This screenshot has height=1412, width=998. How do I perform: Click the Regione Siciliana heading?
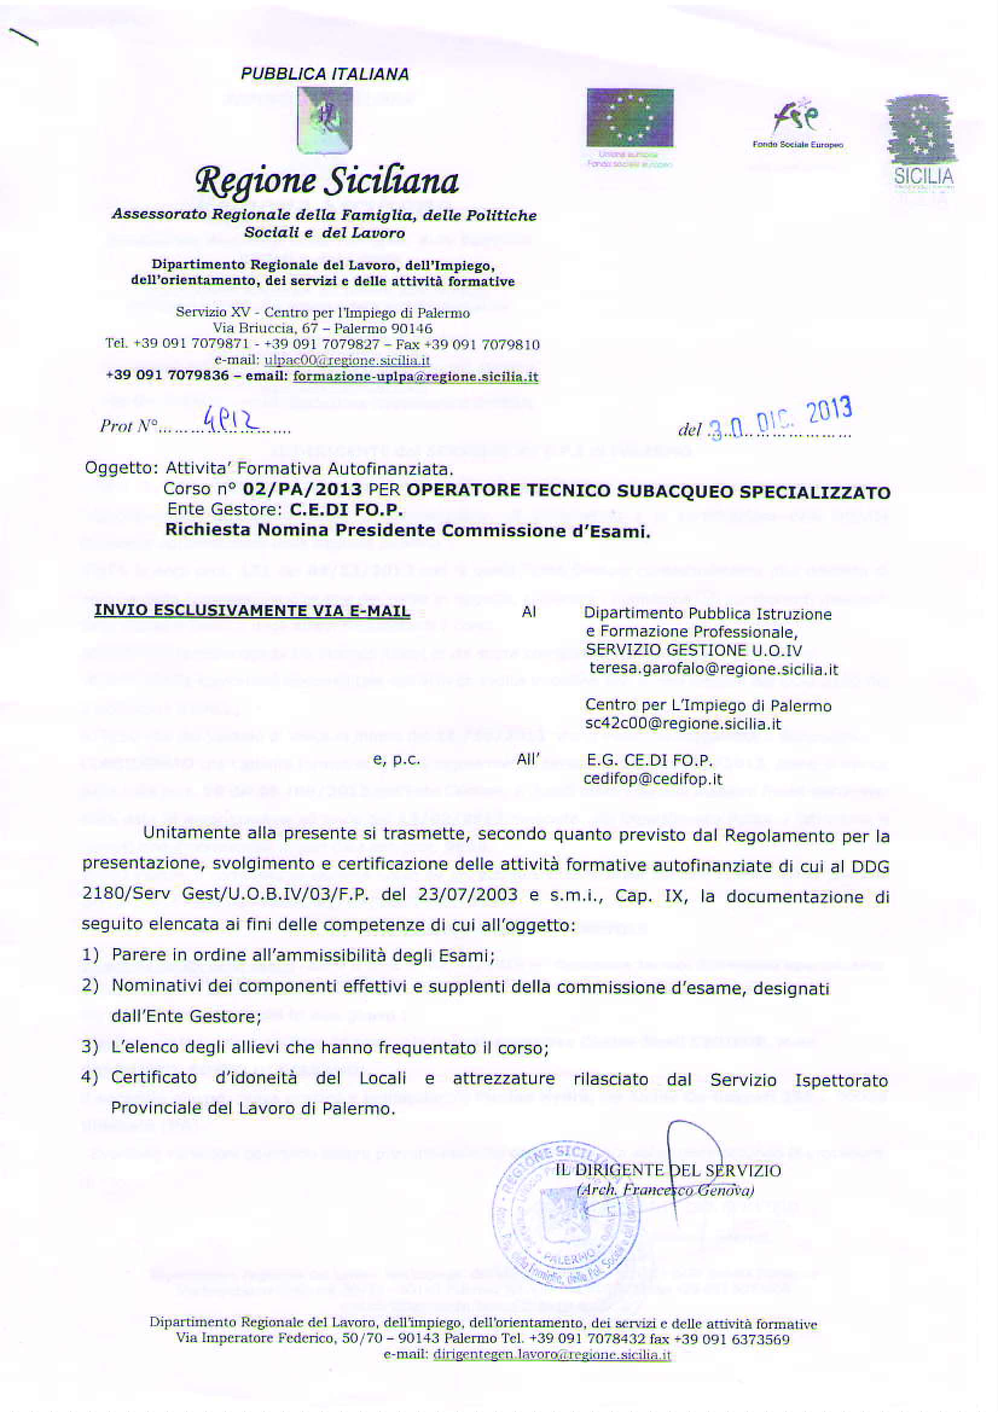(x=326, y=182)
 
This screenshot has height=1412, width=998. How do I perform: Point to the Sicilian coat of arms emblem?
(x=324, y=120)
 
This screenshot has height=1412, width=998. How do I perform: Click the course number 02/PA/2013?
(x=302, y=490)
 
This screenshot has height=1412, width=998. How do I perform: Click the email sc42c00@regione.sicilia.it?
(x=683, y=724)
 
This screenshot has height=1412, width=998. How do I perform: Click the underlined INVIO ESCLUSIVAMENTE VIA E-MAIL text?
(x=252, y=611)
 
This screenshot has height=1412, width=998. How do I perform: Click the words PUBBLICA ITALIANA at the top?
(x=325, y=74)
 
